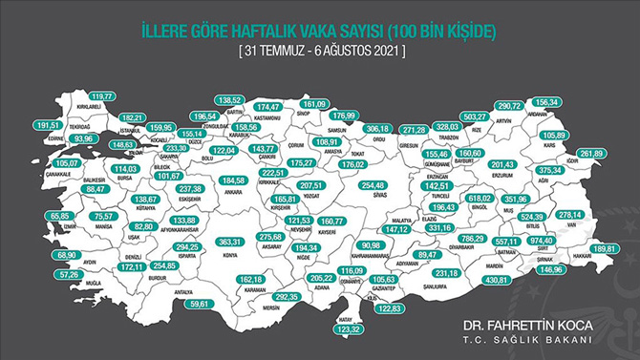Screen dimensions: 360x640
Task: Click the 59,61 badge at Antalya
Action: (198, 303)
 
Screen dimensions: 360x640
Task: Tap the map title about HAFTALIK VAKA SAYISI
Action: (319, 32)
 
